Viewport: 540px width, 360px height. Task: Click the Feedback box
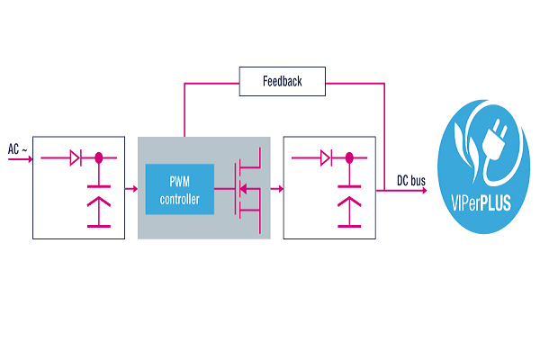(x=282, y=82)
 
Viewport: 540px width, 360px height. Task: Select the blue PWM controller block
(x=180, y=189)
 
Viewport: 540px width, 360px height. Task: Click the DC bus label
(x=411, y=180)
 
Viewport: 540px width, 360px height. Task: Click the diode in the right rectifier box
(x=328, y=158)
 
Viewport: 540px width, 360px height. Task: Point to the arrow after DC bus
(x=427, y=190)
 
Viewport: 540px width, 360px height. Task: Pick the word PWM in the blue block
(x=180, y=183)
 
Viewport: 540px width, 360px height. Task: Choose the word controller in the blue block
(x=180, y=197)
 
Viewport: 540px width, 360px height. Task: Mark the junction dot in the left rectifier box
(x=97, y=158)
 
